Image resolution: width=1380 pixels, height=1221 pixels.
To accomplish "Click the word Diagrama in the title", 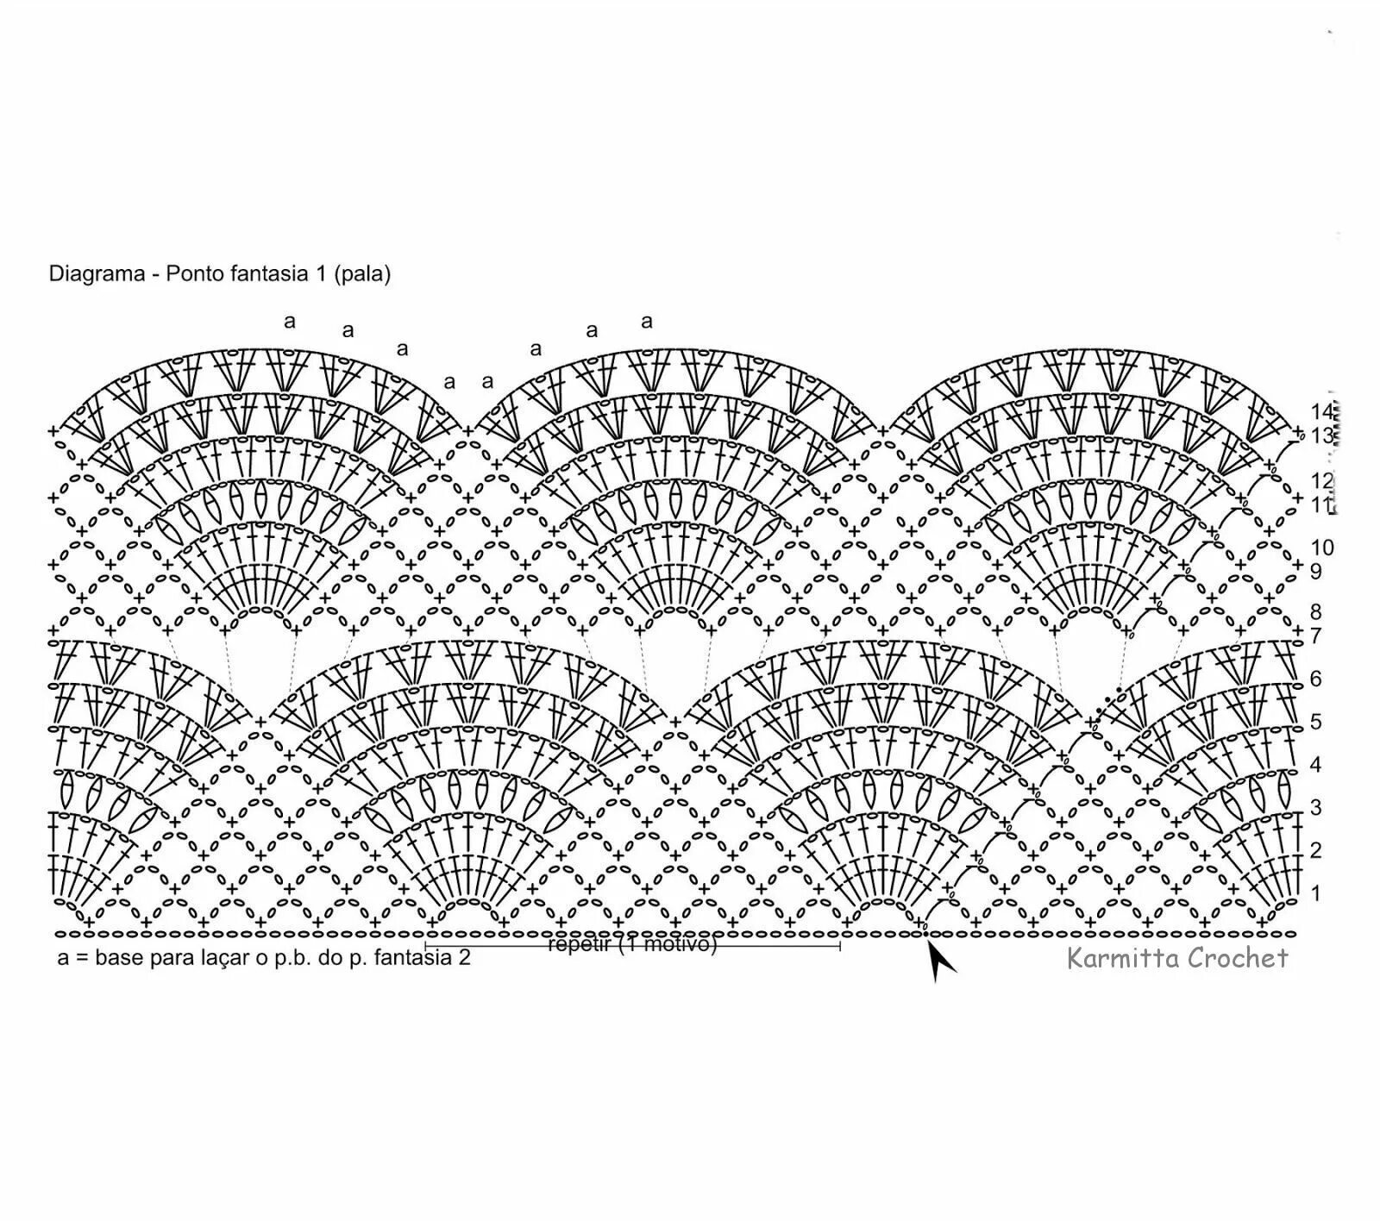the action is [97, 274].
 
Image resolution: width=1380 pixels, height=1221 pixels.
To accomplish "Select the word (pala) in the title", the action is [363, 274].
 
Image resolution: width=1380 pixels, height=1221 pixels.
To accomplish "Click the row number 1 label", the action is [1315, 892].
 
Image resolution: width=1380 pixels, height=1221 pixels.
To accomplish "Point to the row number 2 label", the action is [1315, 850].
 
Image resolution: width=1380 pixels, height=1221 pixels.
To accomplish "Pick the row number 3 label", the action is [1315, 807].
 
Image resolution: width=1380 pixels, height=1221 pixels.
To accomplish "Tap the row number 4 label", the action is [1315, 764].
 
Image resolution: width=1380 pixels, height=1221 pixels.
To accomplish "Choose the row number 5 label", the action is [1315, 721].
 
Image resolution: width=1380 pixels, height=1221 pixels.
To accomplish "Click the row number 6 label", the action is [1315, 678].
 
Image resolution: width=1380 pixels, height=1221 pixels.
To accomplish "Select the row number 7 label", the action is [1315, 636].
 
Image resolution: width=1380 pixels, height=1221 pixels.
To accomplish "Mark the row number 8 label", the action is [1315, 612].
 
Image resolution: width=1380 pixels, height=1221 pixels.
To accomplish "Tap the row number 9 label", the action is [1315, 571].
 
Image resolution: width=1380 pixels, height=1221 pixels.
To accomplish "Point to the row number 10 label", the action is [1321, 547].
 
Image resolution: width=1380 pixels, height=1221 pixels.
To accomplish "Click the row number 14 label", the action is [1321, 411].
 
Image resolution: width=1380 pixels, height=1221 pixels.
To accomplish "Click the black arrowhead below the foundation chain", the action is [939, 961].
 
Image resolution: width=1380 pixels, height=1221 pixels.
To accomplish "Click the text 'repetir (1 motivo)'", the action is [632, 944].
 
